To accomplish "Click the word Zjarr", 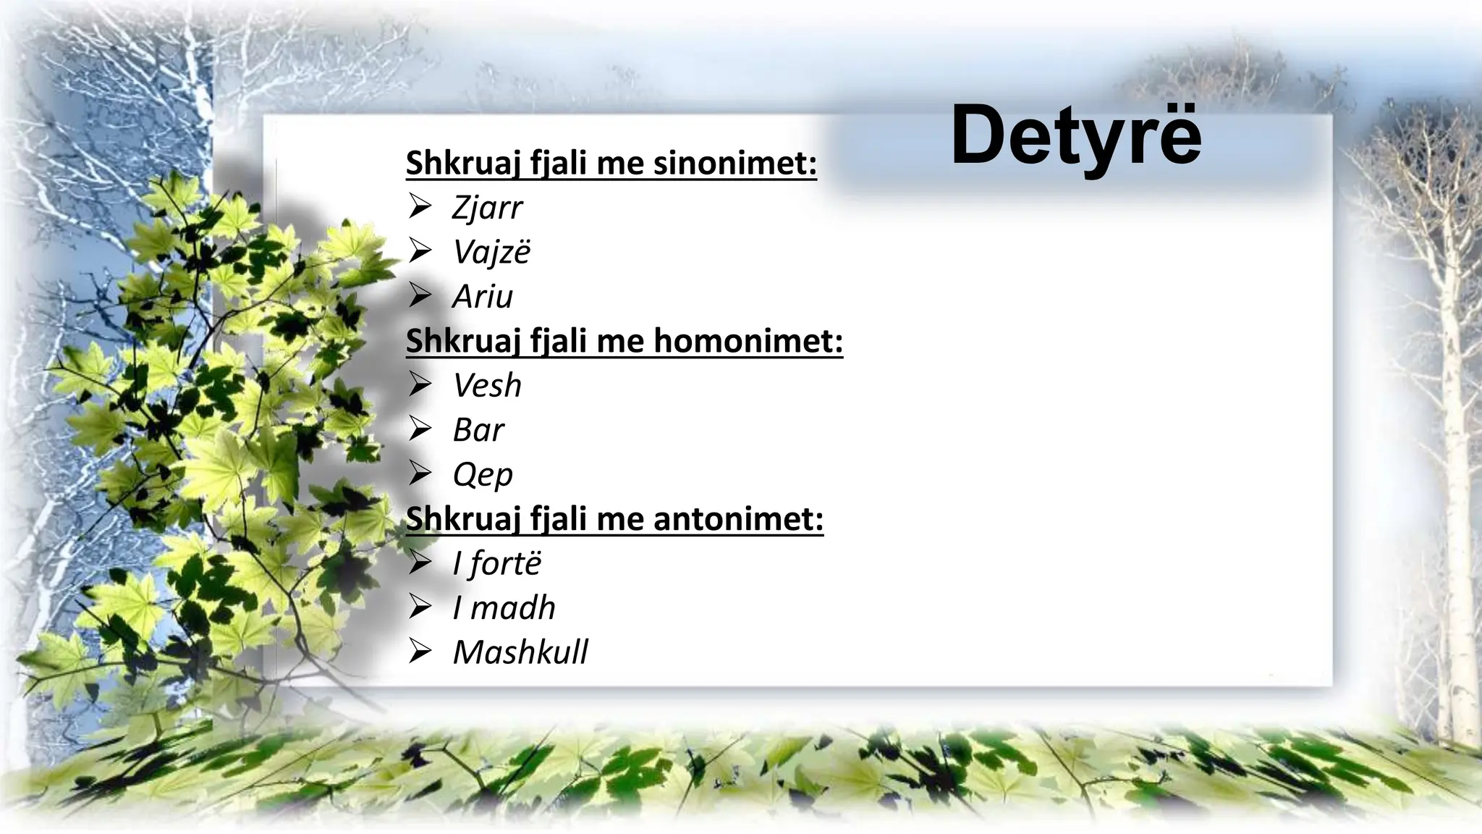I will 487,208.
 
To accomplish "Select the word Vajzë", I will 491,252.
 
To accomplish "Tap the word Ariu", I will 483,297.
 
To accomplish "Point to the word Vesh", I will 487,385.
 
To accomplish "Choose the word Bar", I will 478,430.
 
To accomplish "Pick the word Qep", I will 483,475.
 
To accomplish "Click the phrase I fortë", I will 496,563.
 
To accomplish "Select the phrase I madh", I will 504,608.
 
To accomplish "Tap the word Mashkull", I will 520,652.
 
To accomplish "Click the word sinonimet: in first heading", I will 735,163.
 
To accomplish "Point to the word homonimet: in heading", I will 748,341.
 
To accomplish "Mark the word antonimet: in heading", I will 738,519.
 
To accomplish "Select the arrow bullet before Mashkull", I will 420,652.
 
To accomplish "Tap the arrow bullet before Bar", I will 420,429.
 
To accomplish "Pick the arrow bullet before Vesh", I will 420,384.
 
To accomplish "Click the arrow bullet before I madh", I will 420,607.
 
